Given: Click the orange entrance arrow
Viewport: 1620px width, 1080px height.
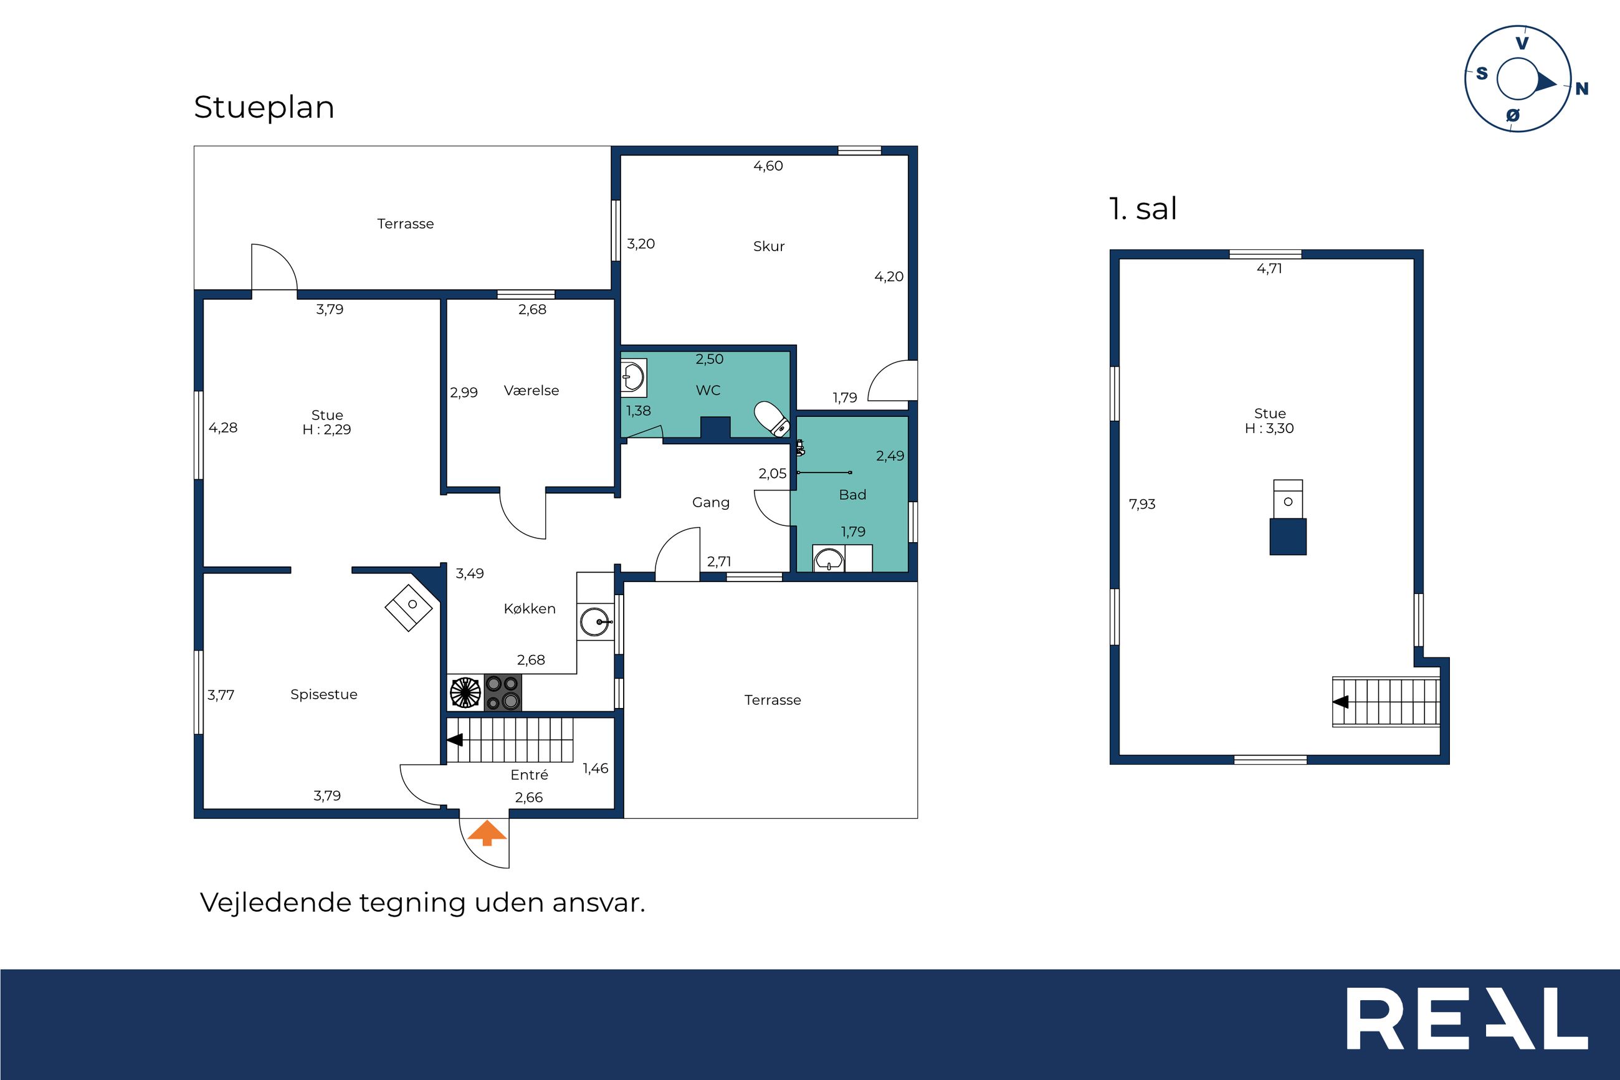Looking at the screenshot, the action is (487, 832).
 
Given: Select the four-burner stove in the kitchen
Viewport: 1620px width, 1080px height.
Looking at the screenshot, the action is (503, 692).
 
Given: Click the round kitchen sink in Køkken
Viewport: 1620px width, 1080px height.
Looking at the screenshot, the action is (596, 622).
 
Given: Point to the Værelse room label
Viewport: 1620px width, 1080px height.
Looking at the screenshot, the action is (531, 391).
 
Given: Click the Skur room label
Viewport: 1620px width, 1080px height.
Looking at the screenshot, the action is (769, 247).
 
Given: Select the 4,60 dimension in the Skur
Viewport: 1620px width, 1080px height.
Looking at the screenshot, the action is (768, 166).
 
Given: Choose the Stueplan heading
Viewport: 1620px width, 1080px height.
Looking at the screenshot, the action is (264, 107).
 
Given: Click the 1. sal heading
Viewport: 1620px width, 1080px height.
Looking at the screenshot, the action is (1143, 209).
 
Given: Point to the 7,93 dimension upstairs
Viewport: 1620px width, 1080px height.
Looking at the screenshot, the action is (1142, 504).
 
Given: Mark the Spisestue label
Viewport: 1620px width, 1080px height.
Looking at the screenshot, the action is (324, 694).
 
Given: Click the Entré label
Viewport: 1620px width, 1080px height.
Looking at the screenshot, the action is (530, 775).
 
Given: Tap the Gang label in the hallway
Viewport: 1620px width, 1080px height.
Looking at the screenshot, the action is (711, 503).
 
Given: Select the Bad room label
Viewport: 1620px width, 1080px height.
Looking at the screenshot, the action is (852, 495).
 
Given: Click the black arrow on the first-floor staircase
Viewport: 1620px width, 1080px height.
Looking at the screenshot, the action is (1340, 702).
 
